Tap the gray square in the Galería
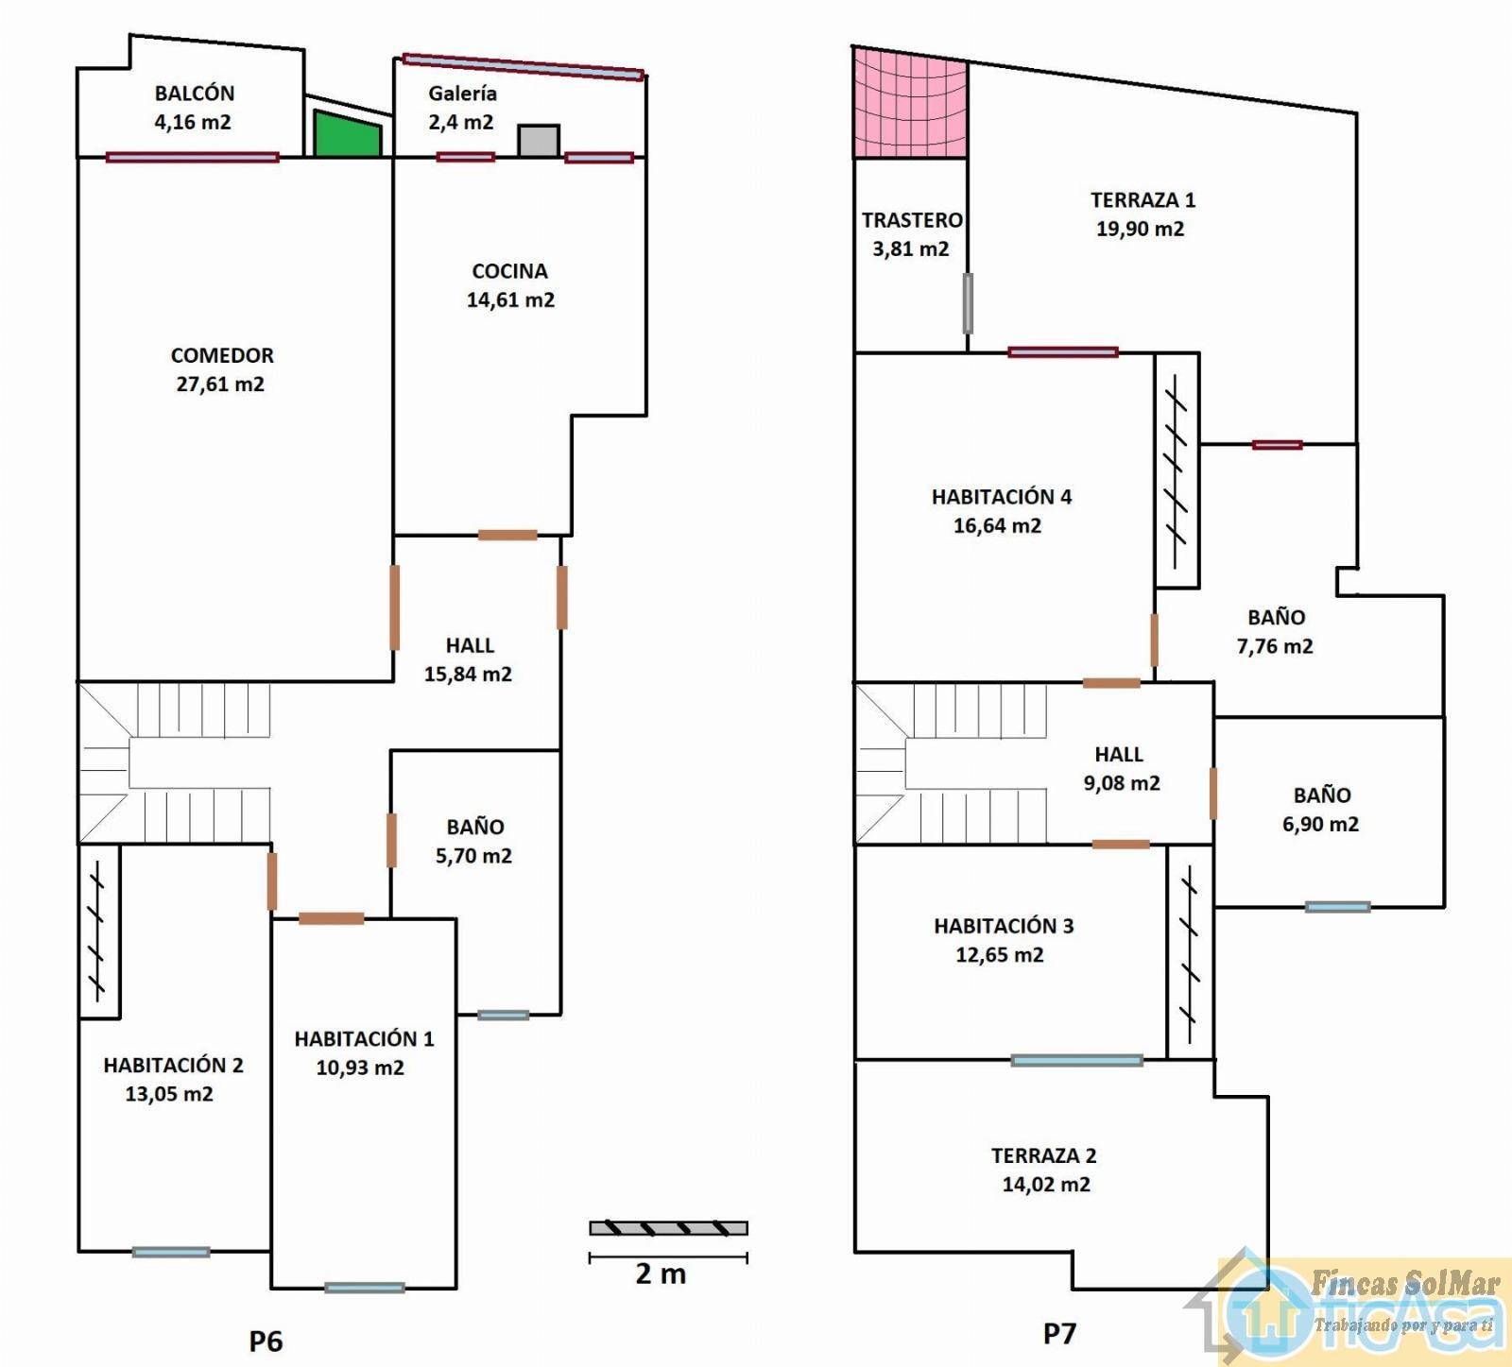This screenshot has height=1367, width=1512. tap(539, 141)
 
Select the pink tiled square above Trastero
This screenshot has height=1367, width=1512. tap(910, 102)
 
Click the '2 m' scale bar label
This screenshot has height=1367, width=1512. tap(661, 1273)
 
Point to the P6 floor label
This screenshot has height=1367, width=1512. tap(266, 1341)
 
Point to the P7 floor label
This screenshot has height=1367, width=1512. tap(1059, 1334)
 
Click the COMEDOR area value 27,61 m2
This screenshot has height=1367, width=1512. tap(220, 384)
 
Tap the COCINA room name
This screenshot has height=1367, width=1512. tap(510, 271)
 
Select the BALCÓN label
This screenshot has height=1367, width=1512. tap(195, 93)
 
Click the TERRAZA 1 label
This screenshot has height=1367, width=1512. tap(1143, 200)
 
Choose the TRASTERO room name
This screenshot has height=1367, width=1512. tap(912, 220)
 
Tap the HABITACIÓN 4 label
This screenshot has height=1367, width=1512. tap(1002, 497)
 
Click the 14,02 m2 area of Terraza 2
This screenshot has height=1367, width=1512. tap(1046, 1185)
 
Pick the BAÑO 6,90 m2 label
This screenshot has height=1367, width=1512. tap(1321, 810)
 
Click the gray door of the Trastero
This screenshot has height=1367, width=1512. tap(968, 303)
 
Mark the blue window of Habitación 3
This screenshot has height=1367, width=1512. tap(1076, 1061)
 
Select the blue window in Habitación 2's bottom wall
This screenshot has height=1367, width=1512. tap(171, 1253)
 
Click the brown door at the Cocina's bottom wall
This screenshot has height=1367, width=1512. tap(507, 536)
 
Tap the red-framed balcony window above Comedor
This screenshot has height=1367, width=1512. tap(193, 158)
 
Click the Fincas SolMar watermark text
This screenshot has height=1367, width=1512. tap(1405, 1283)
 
